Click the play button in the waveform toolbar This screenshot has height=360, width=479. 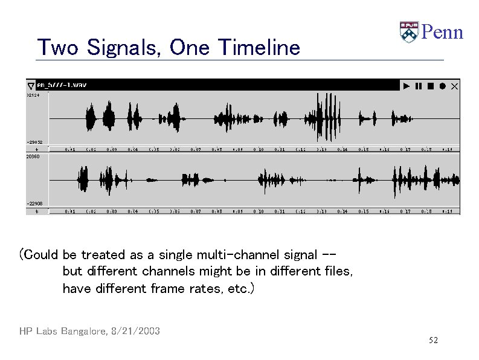407,86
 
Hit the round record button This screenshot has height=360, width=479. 442,86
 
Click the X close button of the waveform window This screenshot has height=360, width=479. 455,86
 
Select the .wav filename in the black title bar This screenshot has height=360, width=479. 62,85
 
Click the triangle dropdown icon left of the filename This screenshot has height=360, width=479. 31,86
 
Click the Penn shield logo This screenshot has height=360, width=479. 408,32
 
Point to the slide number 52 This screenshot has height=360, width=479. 433,341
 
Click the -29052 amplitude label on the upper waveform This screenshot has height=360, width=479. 34,142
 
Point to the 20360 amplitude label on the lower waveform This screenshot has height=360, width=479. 33,156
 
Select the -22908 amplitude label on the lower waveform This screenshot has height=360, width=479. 34,204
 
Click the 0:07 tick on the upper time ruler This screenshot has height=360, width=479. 196,149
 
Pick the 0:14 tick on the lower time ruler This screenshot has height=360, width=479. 342,211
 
